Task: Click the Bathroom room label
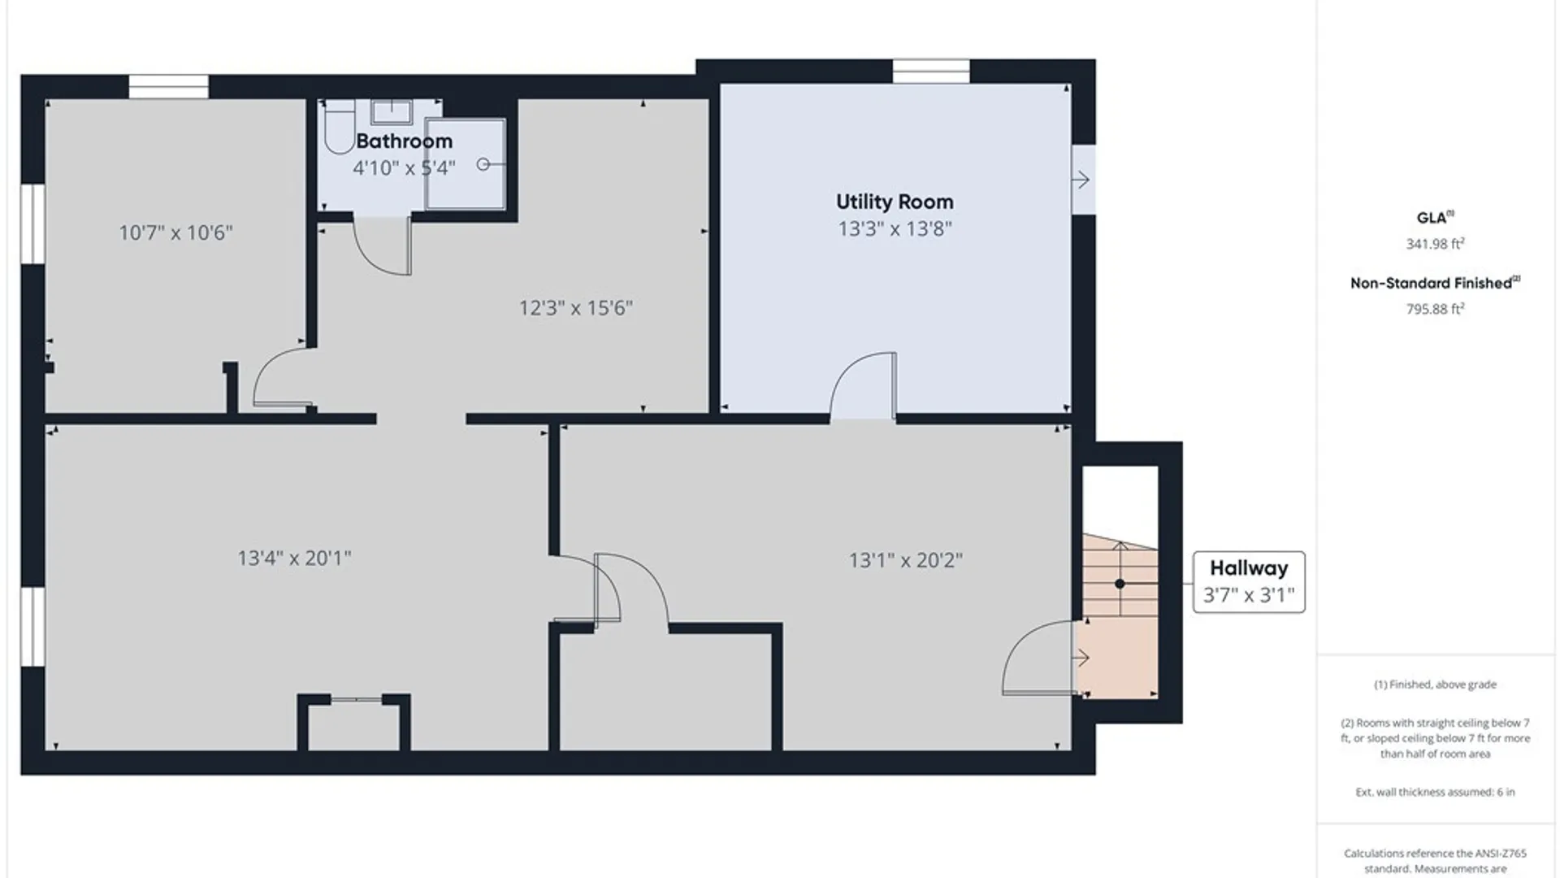tap(404, 141)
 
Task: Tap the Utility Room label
tap(895, 202)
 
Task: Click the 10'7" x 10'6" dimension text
tap(175, 233)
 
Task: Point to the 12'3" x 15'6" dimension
tap(576, 308)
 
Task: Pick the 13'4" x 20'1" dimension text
tap(294, 559)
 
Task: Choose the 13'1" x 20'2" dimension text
tap(906, 560)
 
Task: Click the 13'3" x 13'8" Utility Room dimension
tap(895, 228)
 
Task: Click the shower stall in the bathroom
tap(466, 164)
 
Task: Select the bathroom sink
tap(392, 111)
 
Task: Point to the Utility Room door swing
tap(863, 385)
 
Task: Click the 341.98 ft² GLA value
tap(1436, 244)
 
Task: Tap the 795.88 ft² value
tap(1436, 309)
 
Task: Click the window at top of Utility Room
tap(931, 71)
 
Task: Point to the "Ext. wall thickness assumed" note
tap(1435, 792)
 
